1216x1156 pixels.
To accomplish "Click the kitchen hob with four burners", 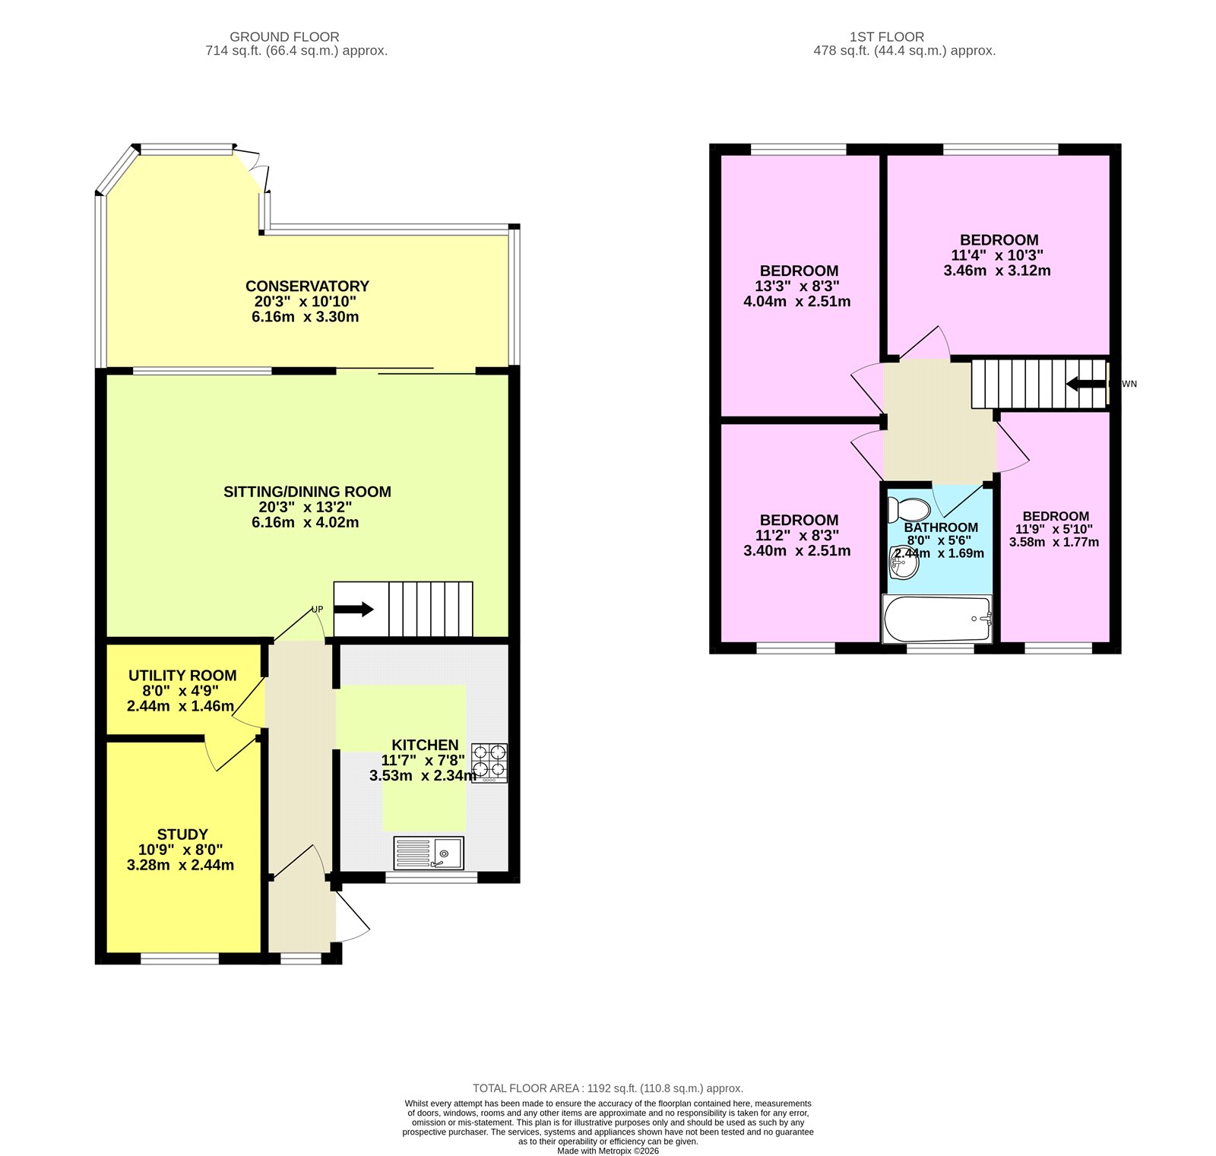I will (489, 762).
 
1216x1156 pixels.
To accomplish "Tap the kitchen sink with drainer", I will (429, 853).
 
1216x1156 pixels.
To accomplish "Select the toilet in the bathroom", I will (909, 510).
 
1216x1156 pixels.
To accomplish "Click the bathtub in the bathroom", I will (937, 619).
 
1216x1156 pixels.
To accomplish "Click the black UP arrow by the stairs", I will (354, 609).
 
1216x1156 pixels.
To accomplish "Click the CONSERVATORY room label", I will (307, 286).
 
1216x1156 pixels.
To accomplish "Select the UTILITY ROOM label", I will (182, 675).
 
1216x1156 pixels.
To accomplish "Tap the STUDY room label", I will (182, 834).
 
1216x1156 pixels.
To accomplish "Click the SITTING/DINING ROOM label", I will (307, 491).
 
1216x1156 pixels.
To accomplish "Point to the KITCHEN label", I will (425, 745).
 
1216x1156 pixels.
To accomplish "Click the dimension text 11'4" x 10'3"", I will (997, 255).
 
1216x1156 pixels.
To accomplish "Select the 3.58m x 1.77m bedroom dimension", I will (1053, 542).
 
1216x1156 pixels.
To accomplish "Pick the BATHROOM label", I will (941, 527).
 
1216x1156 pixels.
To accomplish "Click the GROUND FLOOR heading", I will (284, 36).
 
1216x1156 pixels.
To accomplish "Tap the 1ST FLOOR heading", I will (887, 36).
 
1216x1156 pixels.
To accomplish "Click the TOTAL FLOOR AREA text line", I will (608, 1088).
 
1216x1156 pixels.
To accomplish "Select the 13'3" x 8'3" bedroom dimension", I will (796, 286).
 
